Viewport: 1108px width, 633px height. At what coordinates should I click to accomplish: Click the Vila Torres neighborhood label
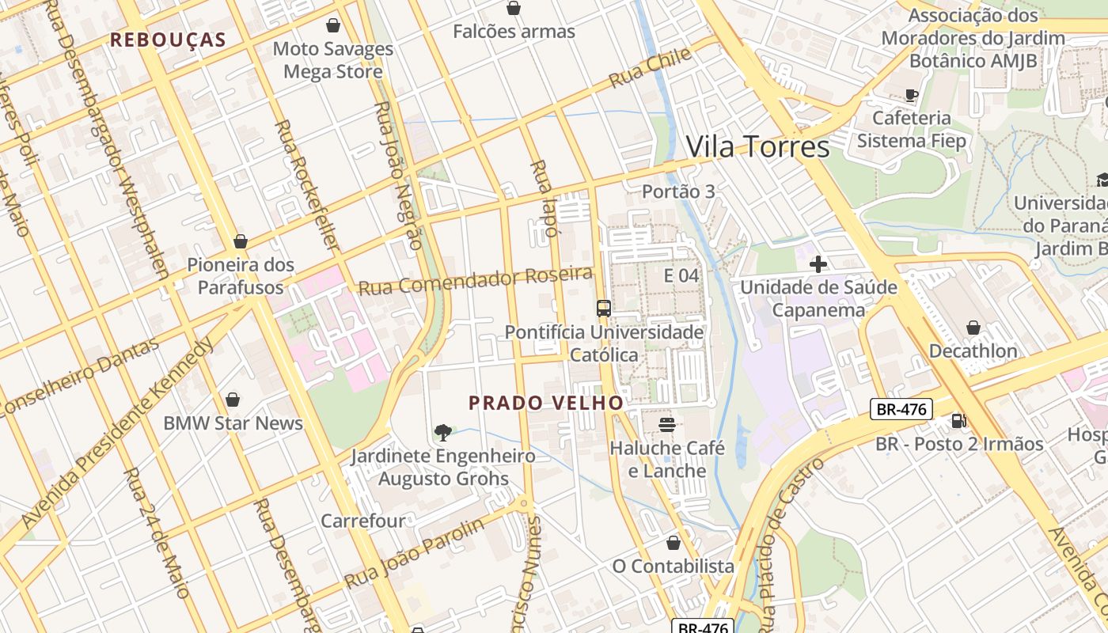[x=757, y=147]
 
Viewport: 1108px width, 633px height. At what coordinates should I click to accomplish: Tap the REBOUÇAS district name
[x=168, y=40]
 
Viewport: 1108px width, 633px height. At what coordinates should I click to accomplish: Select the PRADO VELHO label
[x=546, y=403]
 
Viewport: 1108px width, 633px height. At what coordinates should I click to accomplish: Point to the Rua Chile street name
[x=650, y=68]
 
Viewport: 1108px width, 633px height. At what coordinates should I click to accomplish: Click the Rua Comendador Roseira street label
[x=475, y=281]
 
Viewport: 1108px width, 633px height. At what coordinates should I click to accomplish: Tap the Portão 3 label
[x=678, y=191]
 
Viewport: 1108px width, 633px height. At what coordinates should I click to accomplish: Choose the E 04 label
[x=681, y=275]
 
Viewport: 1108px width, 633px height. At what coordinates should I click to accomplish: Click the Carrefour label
[x=362, y=521]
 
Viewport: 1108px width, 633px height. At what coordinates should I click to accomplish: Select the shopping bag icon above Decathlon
[x=973, y=328]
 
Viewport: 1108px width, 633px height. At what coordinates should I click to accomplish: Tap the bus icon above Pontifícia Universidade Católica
[x=604, y=309]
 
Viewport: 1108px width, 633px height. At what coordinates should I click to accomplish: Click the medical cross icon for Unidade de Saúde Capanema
[x=818, y=263]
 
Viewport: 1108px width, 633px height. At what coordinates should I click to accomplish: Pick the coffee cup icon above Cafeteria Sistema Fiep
[x=912, y=95]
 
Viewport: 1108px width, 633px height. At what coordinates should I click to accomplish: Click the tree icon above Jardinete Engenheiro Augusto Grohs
[x=443, y=432]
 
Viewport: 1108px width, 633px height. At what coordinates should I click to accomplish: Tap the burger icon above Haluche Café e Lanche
[x=666, y=425]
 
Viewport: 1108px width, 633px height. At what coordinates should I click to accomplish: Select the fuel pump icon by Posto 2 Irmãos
[x=958, y=421]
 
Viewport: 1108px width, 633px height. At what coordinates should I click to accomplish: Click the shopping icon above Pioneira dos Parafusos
[x=241, y=241]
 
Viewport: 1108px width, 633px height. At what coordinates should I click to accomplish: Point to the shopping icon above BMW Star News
[x=233, y=400]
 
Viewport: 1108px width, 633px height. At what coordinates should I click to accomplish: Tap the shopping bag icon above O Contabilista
[x=673, y=543]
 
